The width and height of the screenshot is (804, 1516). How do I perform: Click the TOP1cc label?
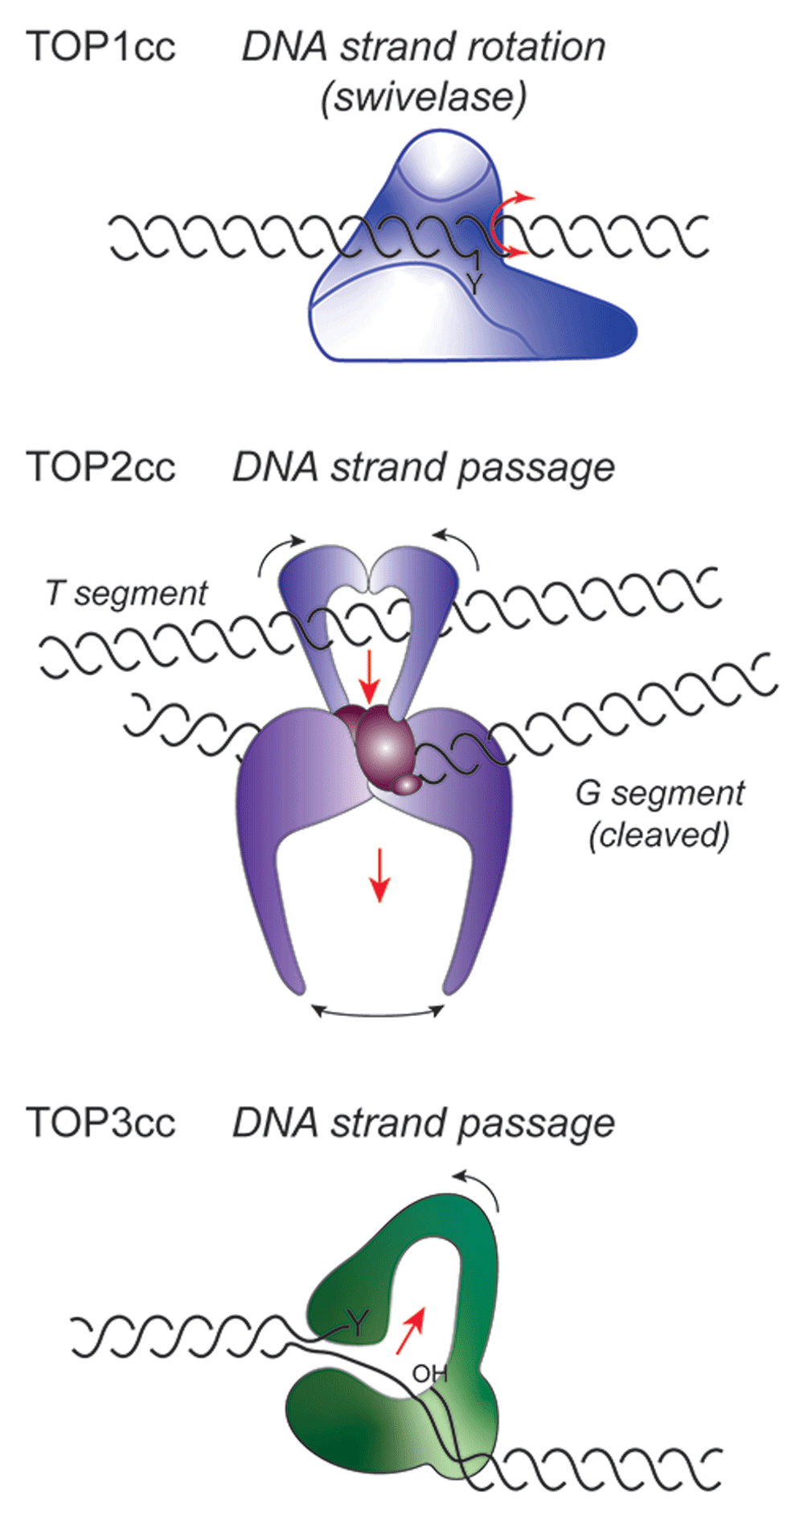coord(100,47)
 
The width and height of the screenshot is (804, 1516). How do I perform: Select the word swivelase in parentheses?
coord(424,97)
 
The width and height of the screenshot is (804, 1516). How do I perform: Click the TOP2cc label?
coord(100,467)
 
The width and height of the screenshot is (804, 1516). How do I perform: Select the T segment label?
coord(126,594)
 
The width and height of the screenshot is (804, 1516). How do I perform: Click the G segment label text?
coord(659,793)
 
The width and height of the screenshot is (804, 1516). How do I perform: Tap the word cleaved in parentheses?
coord(659,835)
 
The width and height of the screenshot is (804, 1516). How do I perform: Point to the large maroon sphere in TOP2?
coord(384,748)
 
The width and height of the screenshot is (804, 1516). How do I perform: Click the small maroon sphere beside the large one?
coord(408,783)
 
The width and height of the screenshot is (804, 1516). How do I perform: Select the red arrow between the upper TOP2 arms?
coord(369,675)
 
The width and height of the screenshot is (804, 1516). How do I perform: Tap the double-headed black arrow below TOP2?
coord(379,1012)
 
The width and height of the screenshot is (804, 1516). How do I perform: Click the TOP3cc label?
coord(100,1122)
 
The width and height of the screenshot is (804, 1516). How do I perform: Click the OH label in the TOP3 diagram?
coord(429,1374)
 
